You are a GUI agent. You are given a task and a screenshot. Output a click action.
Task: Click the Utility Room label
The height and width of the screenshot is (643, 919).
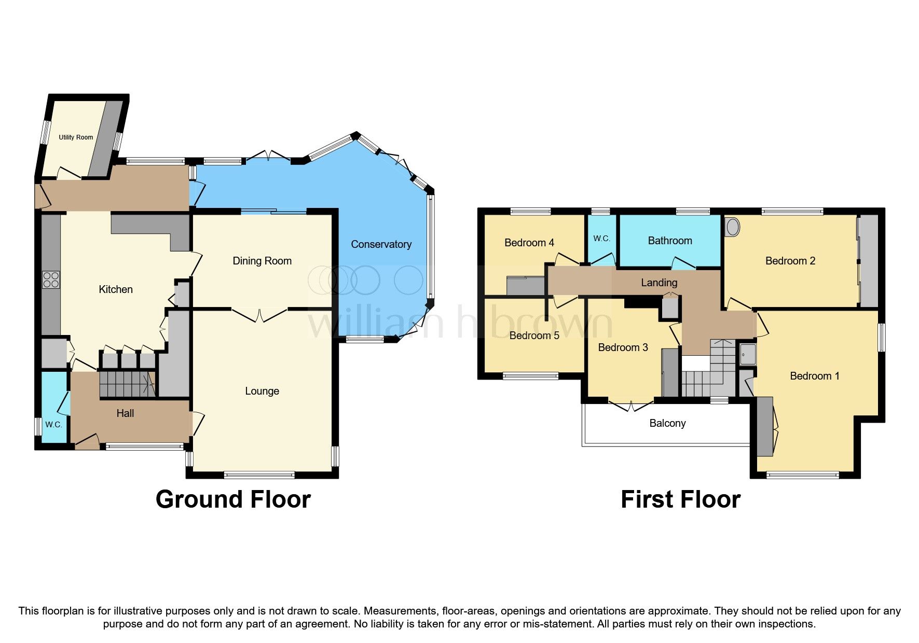click(x=76, y=137)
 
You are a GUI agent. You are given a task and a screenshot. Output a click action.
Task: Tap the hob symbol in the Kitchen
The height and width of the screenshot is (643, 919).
click(x=51, y=280)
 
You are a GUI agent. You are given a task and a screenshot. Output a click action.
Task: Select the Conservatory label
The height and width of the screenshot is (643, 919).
click(x=381, y=244)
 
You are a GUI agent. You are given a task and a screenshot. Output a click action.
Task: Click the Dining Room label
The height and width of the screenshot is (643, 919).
click(x=262, y=261)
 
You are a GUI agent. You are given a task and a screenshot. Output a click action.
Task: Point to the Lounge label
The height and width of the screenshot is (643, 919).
click(x=262, y=391)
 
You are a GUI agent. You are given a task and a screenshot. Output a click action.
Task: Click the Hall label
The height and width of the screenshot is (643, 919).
click(x=125, y=413)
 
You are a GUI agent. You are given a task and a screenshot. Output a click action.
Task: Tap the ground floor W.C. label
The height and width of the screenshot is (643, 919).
click(x=53, y=424)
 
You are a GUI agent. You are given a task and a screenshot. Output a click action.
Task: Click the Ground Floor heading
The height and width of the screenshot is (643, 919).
click(x=233, y=499)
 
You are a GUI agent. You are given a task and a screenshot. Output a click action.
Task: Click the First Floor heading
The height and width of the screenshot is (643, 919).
click(x=680, y=499)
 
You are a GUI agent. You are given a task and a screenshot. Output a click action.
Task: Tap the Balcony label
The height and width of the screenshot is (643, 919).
click(x=667, y=423)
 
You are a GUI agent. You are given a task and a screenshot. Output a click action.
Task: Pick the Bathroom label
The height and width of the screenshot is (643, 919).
click(x=670, y=241)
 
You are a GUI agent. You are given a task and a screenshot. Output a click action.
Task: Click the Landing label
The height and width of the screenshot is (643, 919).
click(x=659, y=283)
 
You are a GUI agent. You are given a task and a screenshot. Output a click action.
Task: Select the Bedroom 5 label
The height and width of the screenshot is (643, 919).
click(x=534, y=336)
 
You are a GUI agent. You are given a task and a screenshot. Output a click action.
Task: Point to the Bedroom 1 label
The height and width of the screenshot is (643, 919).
click(x=814, y=376)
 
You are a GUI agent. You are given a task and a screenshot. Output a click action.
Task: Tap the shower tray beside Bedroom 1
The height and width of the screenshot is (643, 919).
click(x=747, y=354)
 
